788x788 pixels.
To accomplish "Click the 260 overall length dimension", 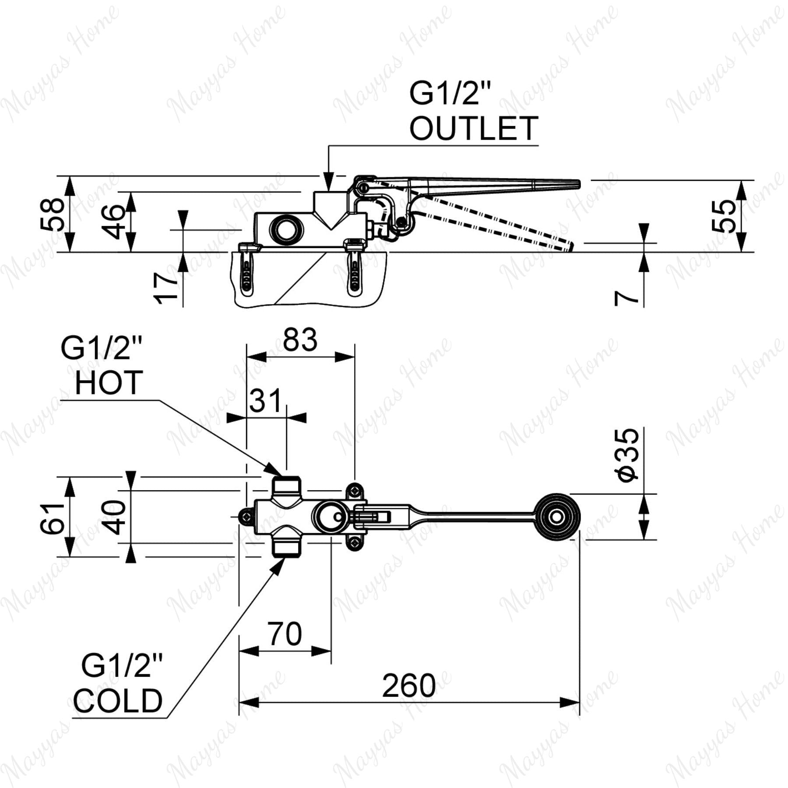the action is [x=409, y=686].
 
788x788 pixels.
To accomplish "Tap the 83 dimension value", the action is [x=300, y=340].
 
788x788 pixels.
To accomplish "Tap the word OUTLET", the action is [x=473, y=128].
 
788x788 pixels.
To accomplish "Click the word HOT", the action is [x=109, y=382].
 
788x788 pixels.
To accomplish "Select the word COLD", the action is [x=117, y=700].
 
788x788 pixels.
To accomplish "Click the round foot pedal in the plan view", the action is [x=556, y=517].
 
